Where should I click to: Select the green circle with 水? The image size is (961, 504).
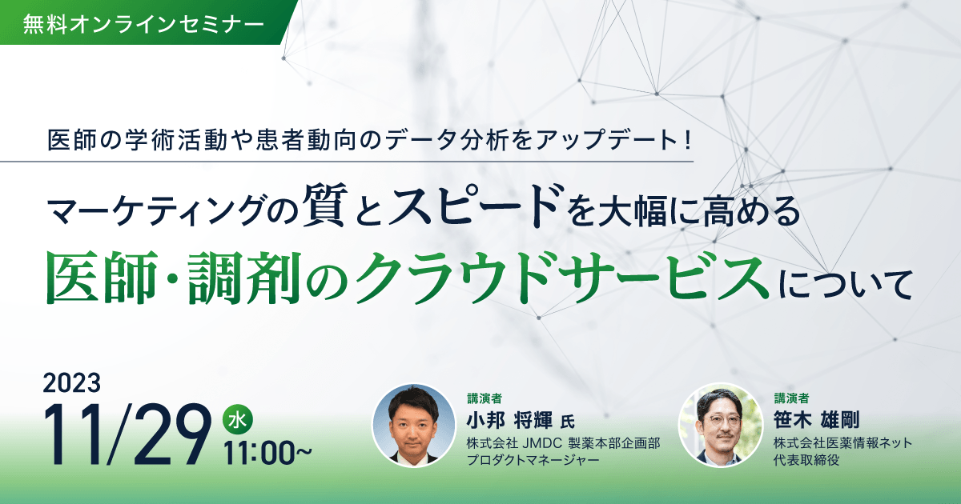pyautogui.click(x=237, y=418)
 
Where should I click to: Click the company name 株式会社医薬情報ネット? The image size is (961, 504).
pyautogui.click(x=842, y=443)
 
